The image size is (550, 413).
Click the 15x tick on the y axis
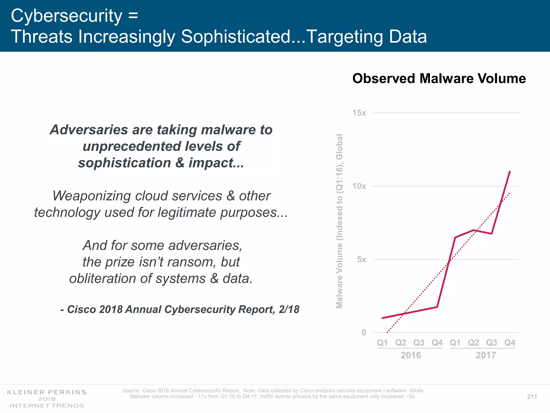pyautogui.click(x=359, y=113)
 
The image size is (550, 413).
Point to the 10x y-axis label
pyautogui.click(x=359, y=186)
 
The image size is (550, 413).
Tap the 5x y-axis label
pyautogui.click(x=361, y=259)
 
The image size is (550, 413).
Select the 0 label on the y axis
pyautogui.click(x=364, y=333)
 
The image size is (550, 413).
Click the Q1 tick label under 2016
pyautogui.click(x=382, y=343)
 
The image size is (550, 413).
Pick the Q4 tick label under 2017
pyautogui.click(x=510, y=343)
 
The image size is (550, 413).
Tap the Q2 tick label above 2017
pyautogui.click(x=473, y=343)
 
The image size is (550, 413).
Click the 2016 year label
pyautogui.click(x=411, y=355)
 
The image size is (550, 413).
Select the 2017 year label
pyautogui.click(x=486, y=355)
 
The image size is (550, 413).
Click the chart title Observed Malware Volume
pyautogui.click(x=439, y=79)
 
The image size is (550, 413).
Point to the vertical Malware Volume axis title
pyautogui.click(x=340, y=221)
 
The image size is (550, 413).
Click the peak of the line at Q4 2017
pyautogui.click(x=510, y=172)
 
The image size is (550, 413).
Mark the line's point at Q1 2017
pyautogui.click(x=455, y=237)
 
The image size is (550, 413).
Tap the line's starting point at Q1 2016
pyautogui.click(x=382, y=318)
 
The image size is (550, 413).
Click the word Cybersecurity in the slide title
pyautogui.click(x=66, y=16)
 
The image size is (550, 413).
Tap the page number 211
pyautogui.click(x=532, y=397)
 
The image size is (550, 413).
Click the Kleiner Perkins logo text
pyautogui.click(x=47, y=392)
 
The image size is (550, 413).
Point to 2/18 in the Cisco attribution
pyautogui.click(x=289, y=309)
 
